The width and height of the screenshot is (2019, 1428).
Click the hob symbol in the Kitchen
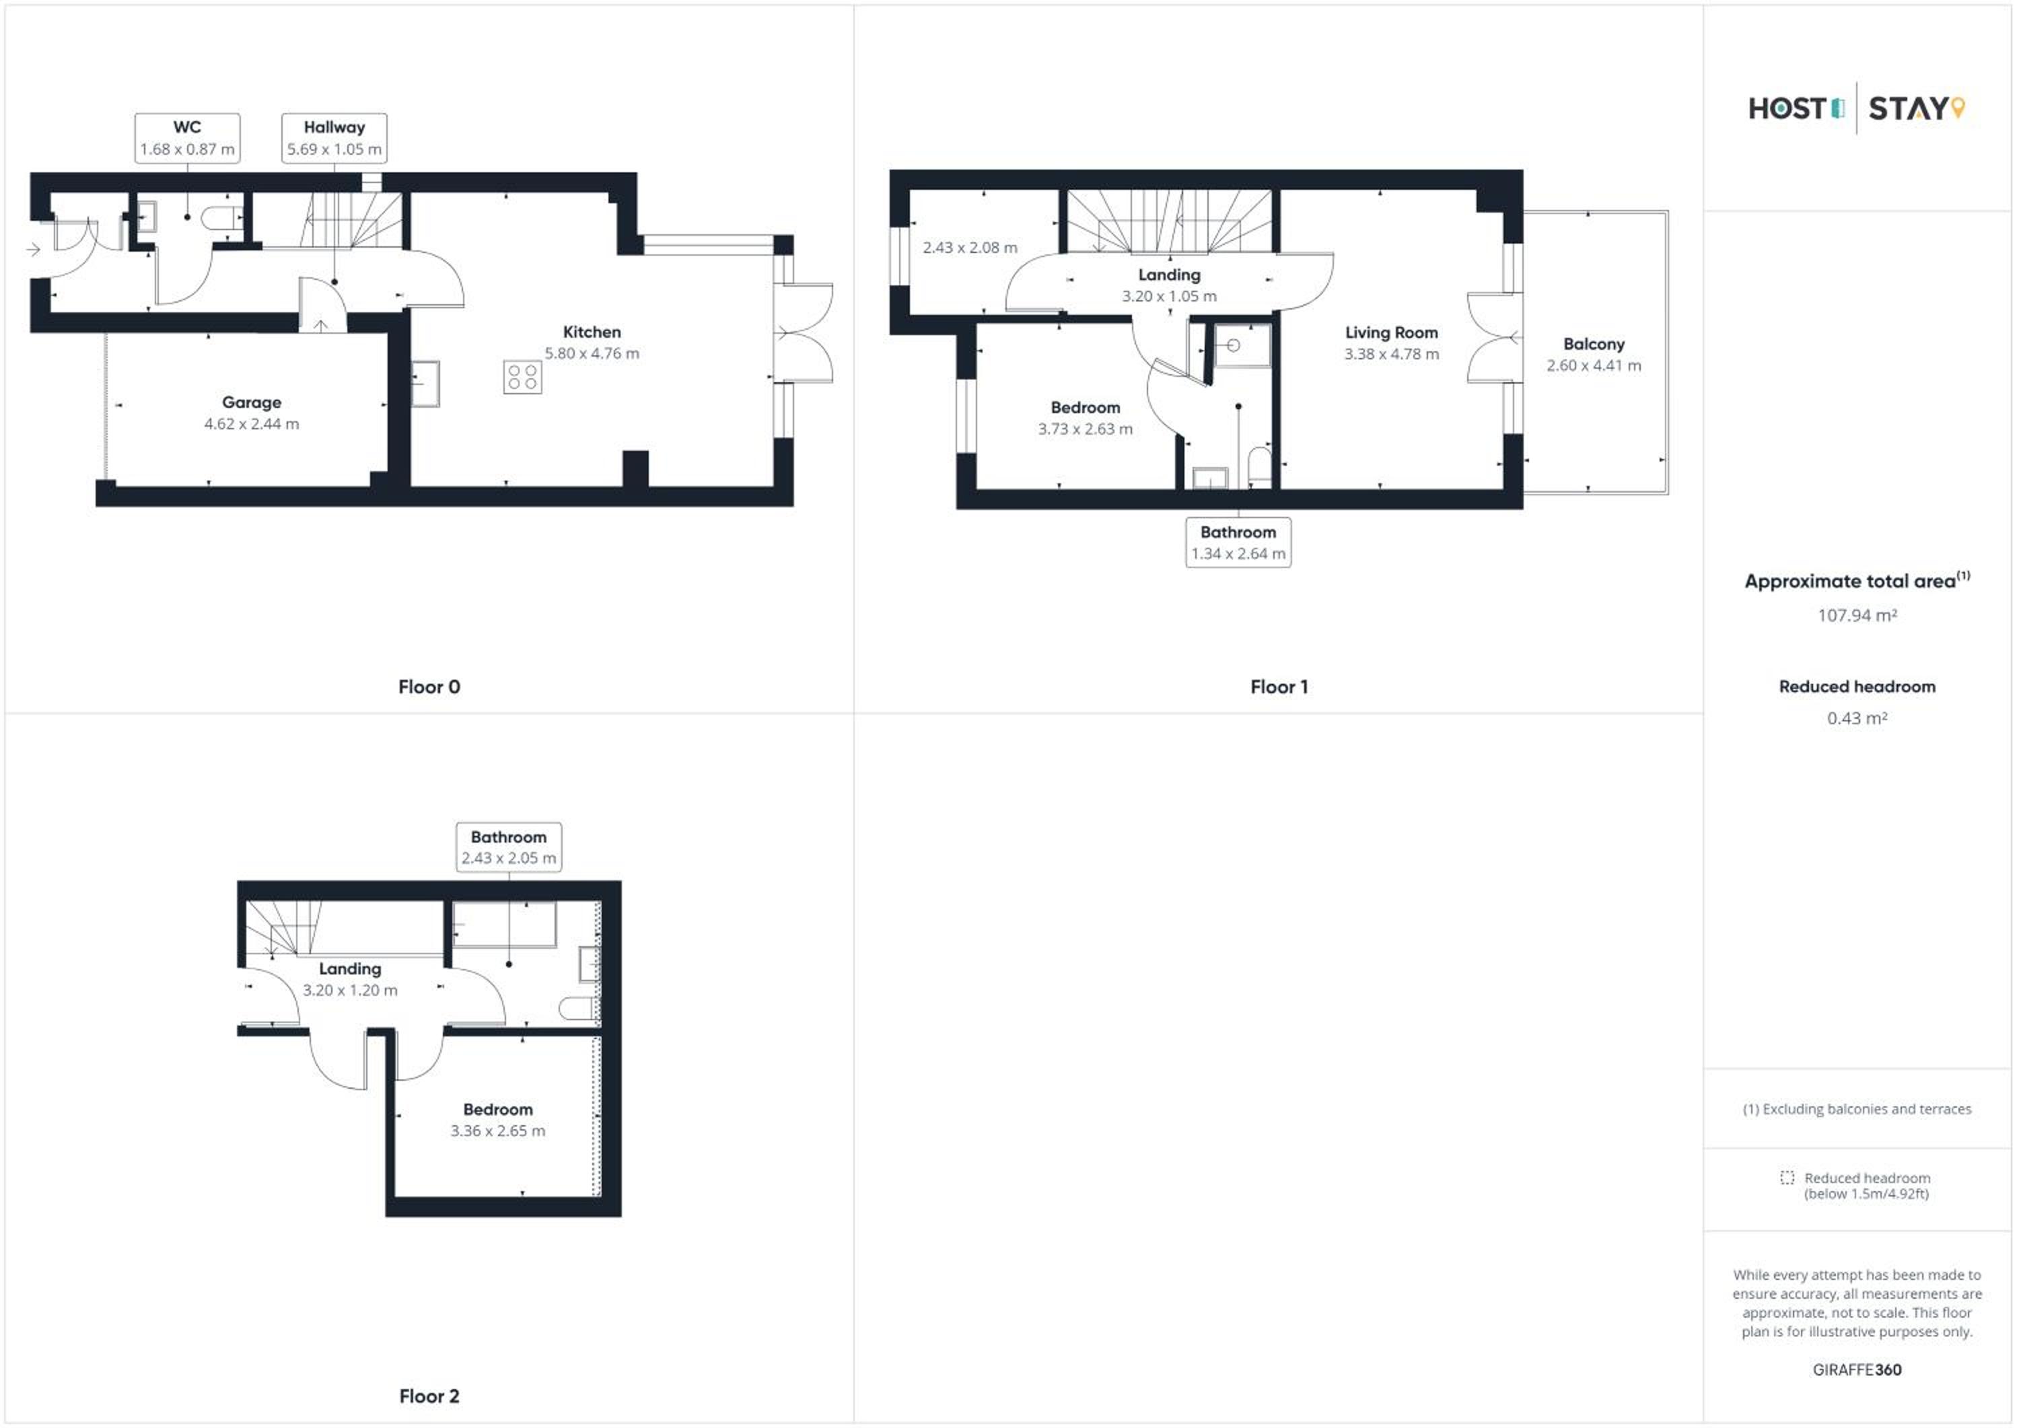pos(522,378)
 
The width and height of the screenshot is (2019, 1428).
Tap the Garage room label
pos(252,402)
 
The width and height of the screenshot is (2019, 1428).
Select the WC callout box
pos(187,138)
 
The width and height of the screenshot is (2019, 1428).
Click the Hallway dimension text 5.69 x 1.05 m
pos(334,149)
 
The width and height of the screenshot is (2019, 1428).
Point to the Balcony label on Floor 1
pos(1594,344)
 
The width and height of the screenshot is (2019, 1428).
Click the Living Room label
pos(1391,332)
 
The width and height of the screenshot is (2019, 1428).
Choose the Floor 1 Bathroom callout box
pos(1238,542)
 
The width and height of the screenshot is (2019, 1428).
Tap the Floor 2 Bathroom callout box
pos(508,847)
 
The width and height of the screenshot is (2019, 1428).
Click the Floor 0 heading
pos(429,686)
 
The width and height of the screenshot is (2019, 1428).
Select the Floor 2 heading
pos(429,1396)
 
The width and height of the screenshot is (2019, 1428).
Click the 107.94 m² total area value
pos(1857,616)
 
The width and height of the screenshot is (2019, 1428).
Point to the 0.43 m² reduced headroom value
pos(1857,719)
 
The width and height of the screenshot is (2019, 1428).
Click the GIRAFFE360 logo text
pos(1857,1370)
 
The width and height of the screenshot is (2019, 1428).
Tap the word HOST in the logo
pos(1787,109)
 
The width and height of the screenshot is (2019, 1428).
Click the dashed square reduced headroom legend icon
pos(1787,1178)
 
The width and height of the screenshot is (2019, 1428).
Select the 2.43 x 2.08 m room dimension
pos(970,248)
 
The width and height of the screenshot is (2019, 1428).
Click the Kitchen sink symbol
pos(425,384)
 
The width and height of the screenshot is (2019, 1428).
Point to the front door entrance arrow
pos(34,250)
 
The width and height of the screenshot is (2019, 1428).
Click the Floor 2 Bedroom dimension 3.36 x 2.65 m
pos(498,1131)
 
